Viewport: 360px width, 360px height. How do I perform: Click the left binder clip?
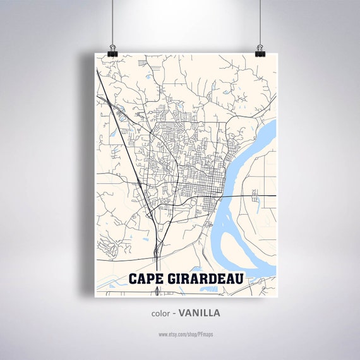tap(112, 49)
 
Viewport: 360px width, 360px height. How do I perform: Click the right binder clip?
tap(260, 49)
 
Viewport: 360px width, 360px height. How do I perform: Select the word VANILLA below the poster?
tap(200, 313)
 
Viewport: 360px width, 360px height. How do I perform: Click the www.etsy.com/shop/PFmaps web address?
tap(186, 333)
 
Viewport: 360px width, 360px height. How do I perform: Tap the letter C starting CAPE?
tap(133, 279)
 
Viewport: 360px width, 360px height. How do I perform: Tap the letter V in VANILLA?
tap(182, 313)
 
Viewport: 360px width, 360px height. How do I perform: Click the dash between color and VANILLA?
tap(174, 313)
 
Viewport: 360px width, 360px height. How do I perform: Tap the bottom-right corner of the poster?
tap(276, 296)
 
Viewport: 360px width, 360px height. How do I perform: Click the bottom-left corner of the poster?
tap(95, 296)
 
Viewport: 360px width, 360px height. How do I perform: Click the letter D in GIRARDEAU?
tap(213, 279)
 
